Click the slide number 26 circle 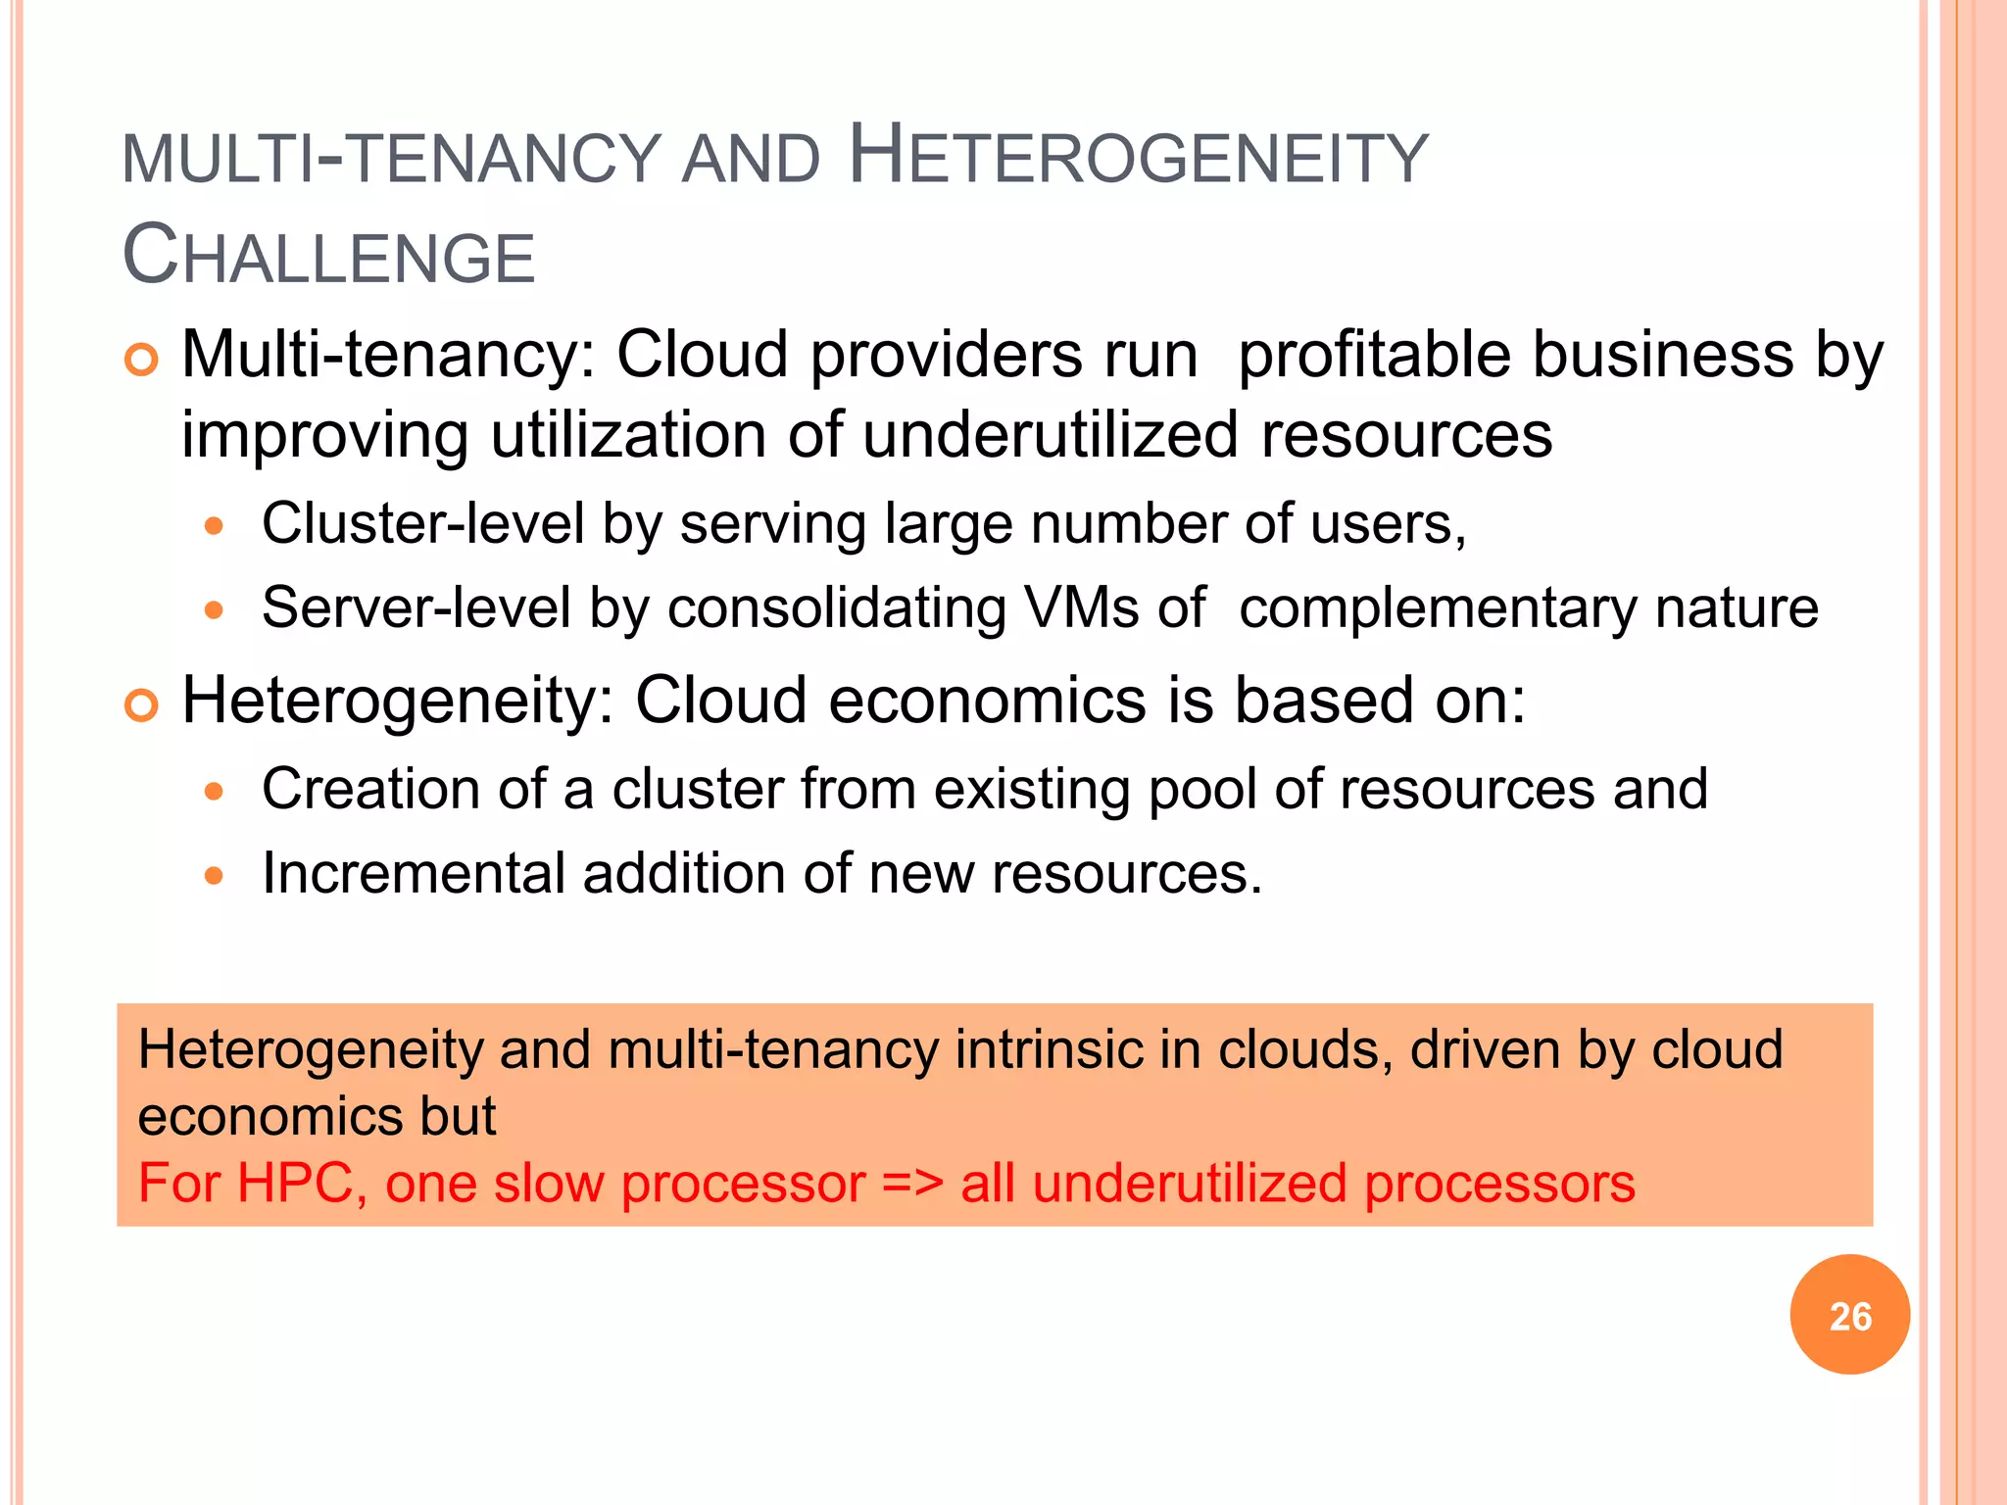pos(1849,1315)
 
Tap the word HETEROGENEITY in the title pos(1138,157)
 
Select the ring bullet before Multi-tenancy pos(141,361)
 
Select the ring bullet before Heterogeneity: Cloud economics pos(141,705)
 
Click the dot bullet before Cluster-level pos(214,527)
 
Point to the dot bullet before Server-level pos(214,611)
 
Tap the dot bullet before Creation pos(214,792)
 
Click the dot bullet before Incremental pos(214,876)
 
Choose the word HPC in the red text pos(295,1184)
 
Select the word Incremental pos(414,873)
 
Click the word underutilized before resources pos(1051,435)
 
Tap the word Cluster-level pos(422,523)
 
